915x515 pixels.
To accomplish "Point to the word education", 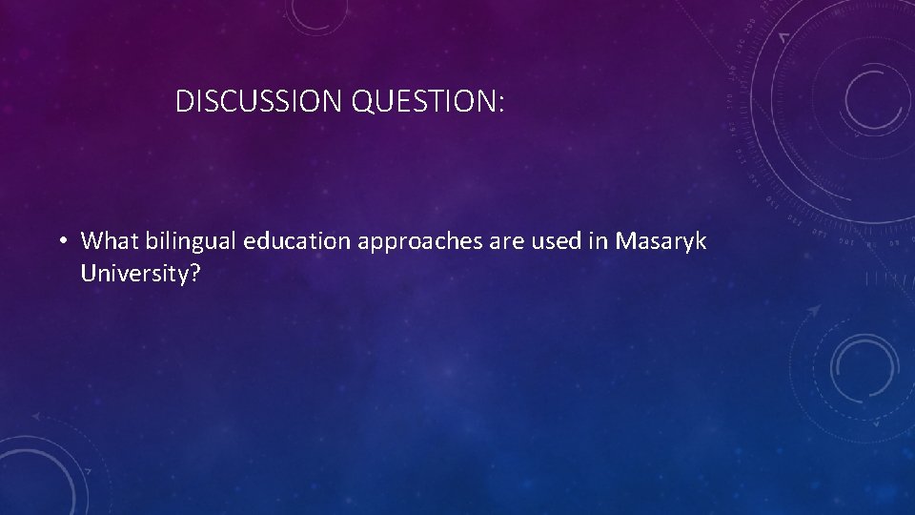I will point(296,241).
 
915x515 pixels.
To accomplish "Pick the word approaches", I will point(415,242).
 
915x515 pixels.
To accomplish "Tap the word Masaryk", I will point(661,241).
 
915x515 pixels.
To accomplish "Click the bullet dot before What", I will point(61,241).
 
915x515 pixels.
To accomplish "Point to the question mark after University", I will point(195,275).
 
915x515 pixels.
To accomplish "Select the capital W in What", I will point(91,241).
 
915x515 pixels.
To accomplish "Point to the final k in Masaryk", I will point(701,241).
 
